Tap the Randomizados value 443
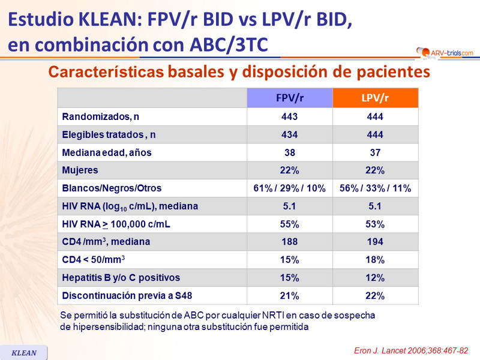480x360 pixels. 290,117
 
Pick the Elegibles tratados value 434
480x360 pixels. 290,135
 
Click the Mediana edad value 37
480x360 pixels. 376,152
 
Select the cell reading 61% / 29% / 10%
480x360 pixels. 290,188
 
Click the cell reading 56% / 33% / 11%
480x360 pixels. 376,188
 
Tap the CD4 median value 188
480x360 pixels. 290,242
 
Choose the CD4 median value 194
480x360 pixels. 376,242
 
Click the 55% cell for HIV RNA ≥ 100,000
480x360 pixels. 290,224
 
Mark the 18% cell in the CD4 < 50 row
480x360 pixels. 376,260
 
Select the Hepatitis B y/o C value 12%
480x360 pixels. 376,278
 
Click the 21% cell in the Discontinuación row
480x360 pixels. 290,296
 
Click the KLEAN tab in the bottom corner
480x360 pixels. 25,353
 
